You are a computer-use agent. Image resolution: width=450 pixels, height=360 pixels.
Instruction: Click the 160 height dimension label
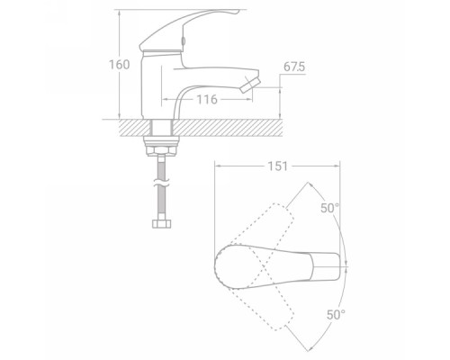click(x=119, y=65)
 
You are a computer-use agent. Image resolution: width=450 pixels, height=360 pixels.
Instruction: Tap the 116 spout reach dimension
click(x=207, y=99)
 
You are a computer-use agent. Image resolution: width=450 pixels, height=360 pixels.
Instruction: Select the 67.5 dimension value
click(x=294, y=67)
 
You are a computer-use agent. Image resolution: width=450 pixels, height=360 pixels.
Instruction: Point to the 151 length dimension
click(x=278, y=166)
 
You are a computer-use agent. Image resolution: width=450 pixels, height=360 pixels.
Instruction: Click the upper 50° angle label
click(x=329, y=208)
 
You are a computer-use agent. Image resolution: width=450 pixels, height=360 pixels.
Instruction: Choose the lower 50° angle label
click(x=336, y=314)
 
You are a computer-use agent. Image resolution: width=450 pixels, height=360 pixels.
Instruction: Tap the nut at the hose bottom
click(x=162, y=224)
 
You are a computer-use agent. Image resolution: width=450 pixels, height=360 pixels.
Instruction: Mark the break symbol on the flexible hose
click(x=161, y=183)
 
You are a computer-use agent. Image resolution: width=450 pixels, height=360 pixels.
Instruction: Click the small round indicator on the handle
click(x=183, y=40)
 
